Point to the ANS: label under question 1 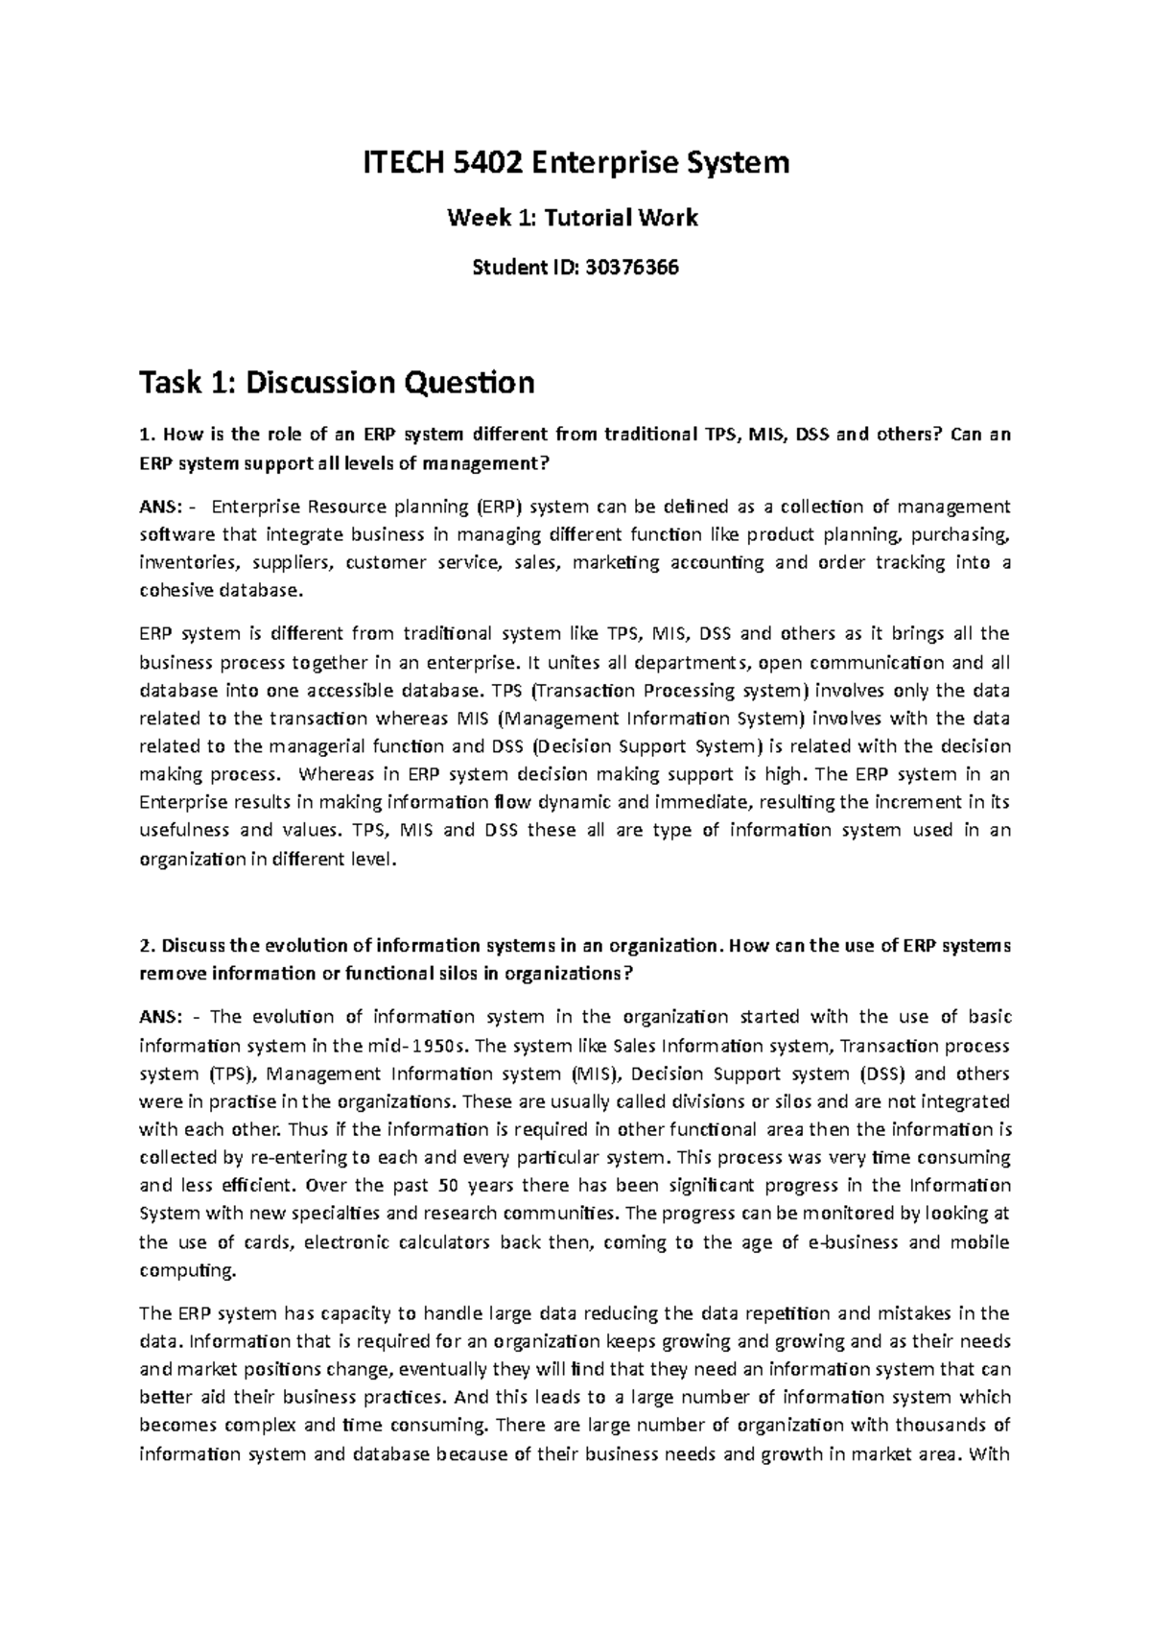coord(159,507)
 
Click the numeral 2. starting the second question coord(147,945)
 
